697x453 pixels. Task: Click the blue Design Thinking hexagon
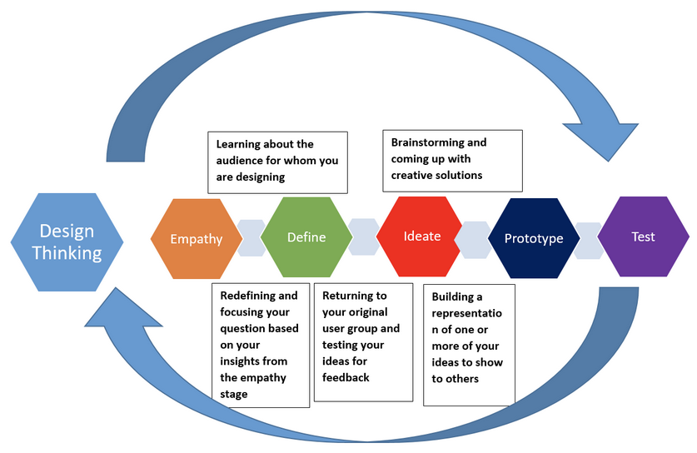(x=67, y=241)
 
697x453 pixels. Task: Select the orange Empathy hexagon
(x=197, y=239)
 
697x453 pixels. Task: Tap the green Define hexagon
(x=306, y=237)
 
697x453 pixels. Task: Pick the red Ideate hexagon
(x=421, y=236)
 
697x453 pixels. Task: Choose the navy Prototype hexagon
(x=533, y=238)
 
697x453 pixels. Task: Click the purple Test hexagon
(x=643, y=236)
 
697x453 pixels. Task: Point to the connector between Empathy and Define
(x=251, y=238)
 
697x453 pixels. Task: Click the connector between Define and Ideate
(x=364, y=236)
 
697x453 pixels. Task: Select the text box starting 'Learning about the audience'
(x=278, y=161)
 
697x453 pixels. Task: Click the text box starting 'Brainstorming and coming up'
(x=452, y=159)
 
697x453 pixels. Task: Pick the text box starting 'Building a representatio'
(x=468, y=344)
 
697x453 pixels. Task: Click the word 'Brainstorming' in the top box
(x=427, y=142)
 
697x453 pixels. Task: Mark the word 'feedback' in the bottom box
(x=346, y=376)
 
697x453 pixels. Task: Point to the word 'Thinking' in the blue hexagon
(x=67, y=253)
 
